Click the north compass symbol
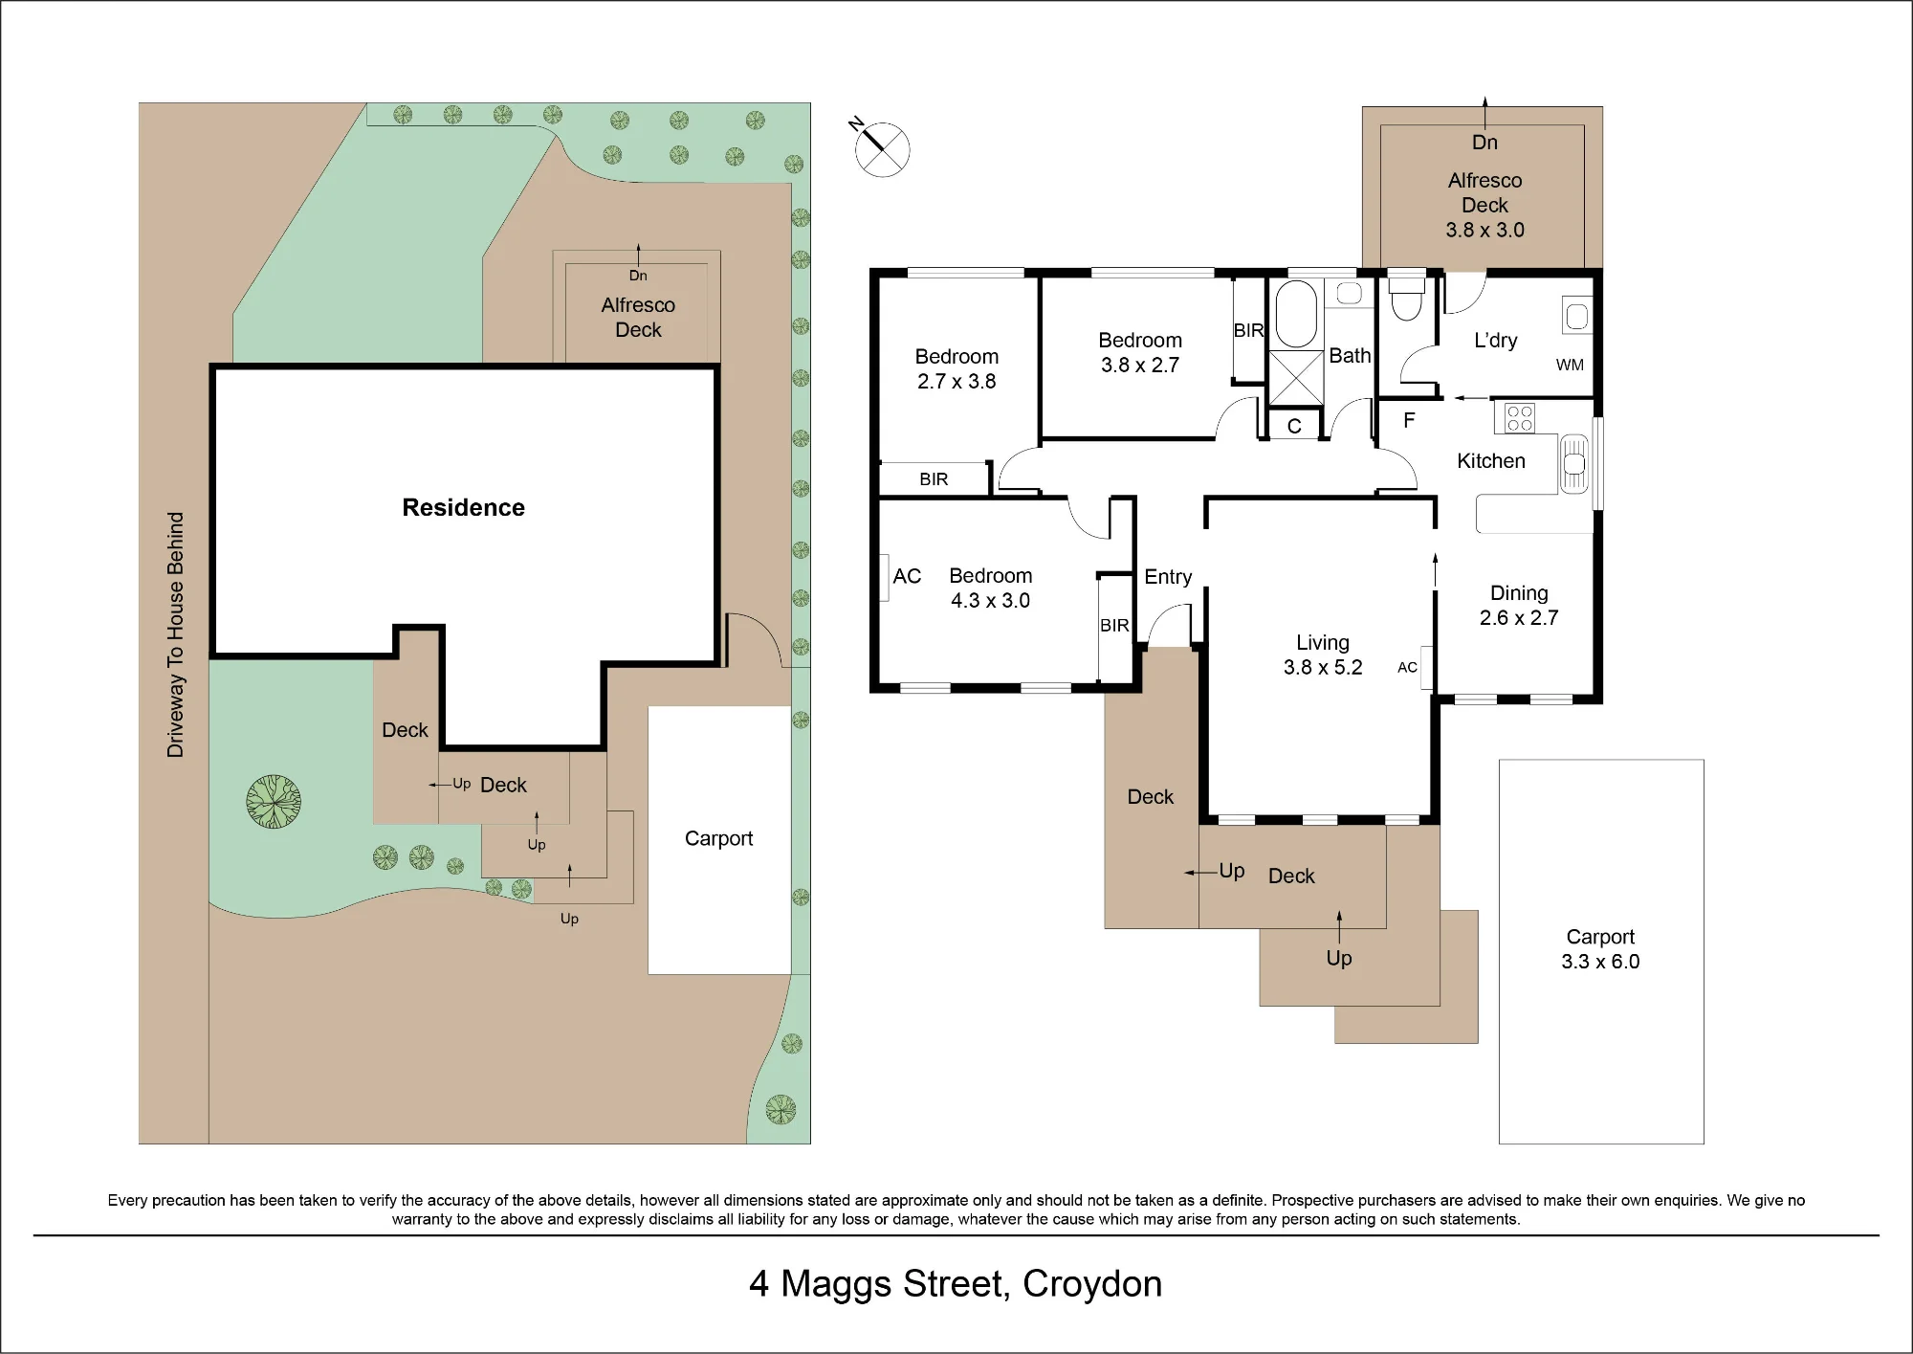tap(881, 148)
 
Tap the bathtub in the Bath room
tap(1296, 313)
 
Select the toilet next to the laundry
tap(1406, 297)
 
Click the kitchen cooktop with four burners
tap(1520, 418)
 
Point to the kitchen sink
tap(1574, 464)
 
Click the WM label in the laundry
tap(1570, 365)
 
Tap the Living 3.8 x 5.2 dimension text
tap(1323, 667)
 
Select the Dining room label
tap(1519, 593)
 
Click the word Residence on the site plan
tap(463, 507)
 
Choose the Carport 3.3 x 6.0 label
tap(1600, 949)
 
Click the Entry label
tap(1168, 576)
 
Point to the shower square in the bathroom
tap(1296, 379)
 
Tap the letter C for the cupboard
tap(1294, 427)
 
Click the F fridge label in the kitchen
tap(1409, 420)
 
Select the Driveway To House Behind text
tap(175, 634)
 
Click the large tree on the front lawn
tap(274, 801)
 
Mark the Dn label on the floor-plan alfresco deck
tap(1484, 143)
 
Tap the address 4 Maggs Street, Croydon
tap(956, 1284)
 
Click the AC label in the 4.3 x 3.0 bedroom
tap(907, 576)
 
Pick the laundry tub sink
tap(1576, 315)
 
